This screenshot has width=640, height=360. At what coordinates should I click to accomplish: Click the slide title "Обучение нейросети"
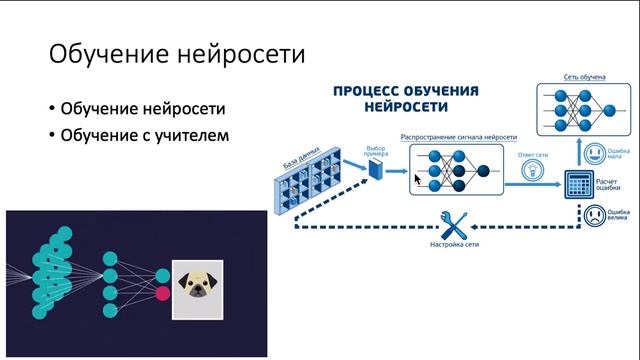coord(164,52)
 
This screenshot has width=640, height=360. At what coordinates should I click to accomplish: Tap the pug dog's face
coord(196,284)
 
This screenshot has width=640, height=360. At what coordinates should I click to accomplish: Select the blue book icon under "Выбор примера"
coord(376,173)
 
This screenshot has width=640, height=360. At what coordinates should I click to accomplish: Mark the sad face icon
coord(594,215)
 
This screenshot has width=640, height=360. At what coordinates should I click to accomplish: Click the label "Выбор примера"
coord(376,144)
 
